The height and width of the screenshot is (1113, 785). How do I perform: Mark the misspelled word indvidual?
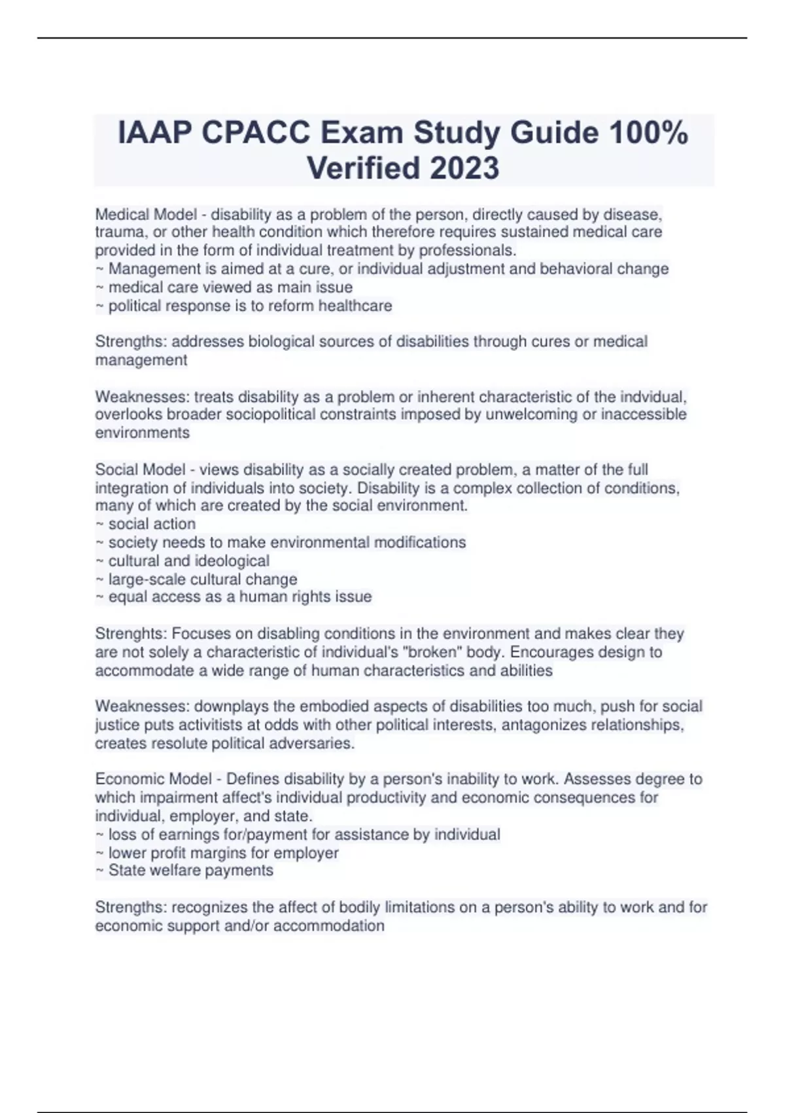(654, 397)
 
